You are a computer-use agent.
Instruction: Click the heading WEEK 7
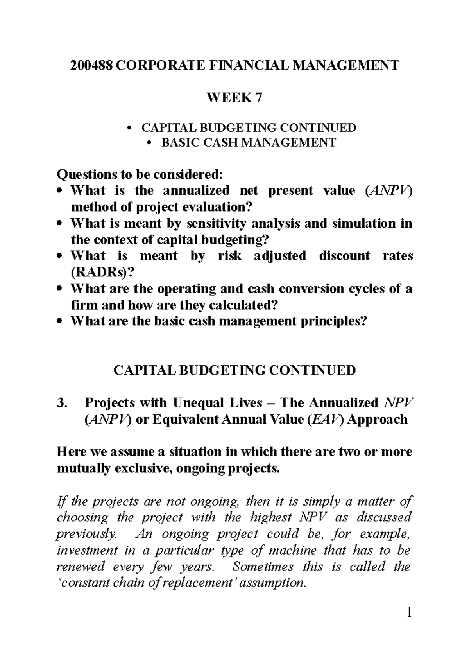(x=234, y=98)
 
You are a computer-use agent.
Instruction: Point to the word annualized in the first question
(x=196, y=190)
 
